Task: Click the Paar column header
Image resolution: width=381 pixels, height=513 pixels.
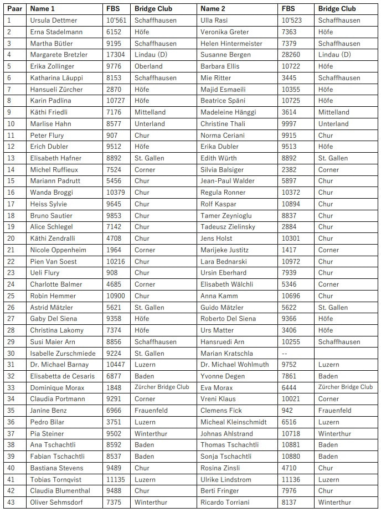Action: (x=14, y=9)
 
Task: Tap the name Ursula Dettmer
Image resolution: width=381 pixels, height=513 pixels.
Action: (x=54, y=20)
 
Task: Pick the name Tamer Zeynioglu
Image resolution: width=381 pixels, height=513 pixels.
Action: (x=226, y=215)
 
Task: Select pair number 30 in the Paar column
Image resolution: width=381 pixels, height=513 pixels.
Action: (x=11, y=353)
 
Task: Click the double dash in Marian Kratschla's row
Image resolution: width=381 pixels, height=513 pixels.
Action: (x=285, y=353)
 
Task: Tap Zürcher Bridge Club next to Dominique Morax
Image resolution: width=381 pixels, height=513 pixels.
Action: (x=162, y=387)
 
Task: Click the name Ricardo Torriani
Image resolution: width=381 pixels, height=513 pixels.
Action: (x=225, y=502)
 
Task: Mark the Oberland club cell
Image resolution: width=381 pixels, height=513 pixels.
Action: (x=148, y=66)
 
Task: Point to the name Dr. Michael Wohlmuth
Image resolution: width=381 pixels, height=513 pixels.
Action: (x=235, y=365)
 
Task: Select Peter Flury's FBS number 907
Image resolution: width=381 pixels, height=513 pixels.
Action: (x=112, y=135)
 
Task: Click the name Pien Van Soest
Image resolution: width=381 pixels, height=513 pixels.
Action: (x=53, y=261)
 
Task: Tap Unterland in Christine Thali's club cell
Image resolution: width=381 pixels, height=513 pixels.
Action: (x=333, y=124)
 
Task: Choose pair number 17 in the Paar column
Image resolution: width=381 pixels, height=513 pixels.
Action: (x=11, y=204)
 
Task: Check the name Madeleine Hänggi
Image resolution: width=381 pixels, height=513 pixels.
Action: (x=228, y=112)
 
